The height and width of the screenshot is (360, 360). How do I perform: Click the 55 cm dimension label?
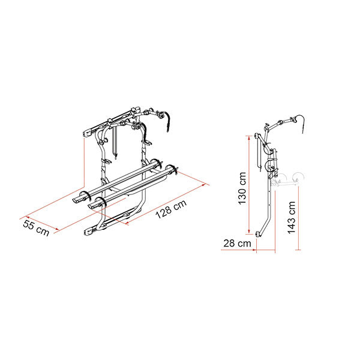point(36,228)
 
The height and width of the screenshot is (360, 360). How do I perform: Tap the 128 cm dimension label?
point(171,209)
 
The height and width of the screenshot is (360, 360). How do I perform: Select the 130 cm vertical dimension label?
point(242,188)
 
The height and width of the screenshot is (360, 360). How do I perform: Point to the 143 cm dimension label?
point(292,218)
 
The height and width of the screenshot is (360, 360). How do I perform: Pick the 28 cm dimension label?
point(237,243)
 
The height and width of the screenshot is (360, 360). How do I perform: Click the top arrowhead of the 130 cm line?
point(249,138)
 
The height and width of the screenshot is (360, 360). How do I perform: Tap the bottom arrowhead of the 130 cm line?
point(249,232)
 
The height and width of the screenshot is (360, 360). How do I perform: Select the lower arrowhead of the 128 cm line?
point(127,222)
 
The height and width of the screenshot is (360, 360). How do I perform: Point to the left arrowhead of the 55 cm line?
point(28,217)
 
